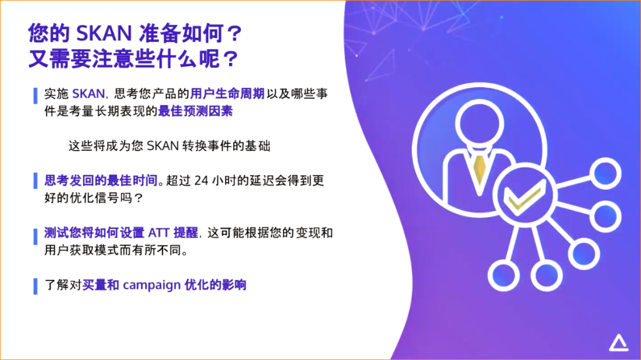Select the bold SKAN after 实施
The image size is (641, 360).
point(88,94)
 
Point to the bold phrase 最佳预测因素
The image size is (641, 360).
point(195,111)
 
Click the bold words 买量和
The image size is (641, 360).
point(101,285)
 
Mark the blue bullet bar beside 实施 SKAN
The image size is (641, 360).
point(35,94)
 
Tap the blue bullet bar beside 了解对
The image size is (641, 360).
point(35,285)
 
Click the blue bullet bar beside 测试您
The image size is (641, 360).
point(35,236)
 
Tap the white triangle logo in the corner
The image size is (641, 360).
point(618,342)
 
